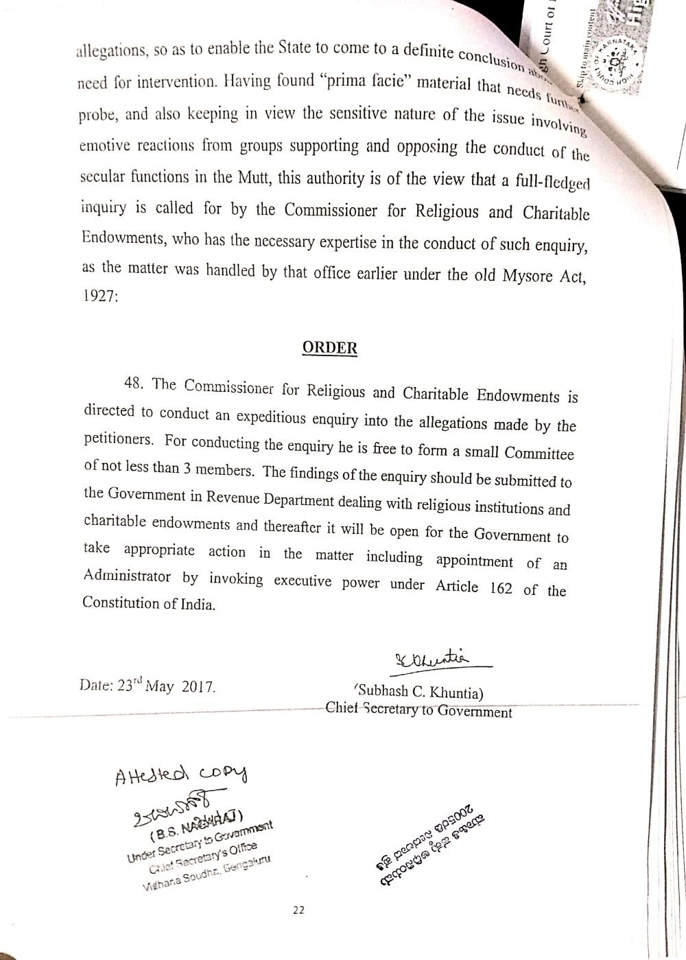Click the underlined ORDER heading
click(330, 347)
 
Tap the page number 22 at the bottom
click(298, 910)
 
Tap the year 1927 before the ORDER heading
click(100, 299)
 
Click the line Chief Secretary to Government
click(418, 710)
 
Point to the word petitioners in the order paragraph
click(114, 440)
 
